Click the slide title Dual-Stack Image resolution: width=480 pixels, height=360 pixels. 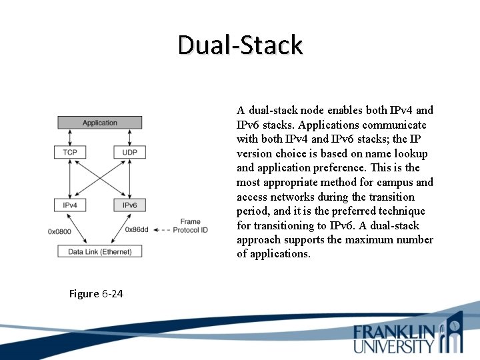tap(240, 45)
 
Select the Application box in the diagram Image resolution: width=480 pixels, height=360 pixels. tap(99, 123)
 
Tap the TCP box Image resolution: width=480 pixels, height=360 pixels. tap(70, 153)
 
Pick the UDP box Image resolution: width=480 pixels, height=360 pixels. tap(129, 153)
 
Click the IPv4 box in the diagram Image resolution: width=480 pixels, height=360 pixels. tap(70, 205)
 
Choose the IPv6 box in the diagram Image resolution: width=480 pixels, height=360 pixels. tap(129, 205)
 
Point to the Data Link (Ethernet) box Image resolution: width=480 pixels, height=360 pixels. tap(100, 251)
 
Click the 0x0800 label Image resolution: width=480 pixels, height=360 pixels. tap(60, 231)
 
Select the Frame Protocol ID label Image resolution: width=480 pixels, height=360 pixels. tap(190, 226)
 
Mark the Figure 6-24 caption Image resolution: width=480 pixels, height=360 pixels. tap(96, 293)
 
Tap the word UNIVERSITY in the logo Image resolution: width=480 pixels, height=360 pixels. tap(394, 346)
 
